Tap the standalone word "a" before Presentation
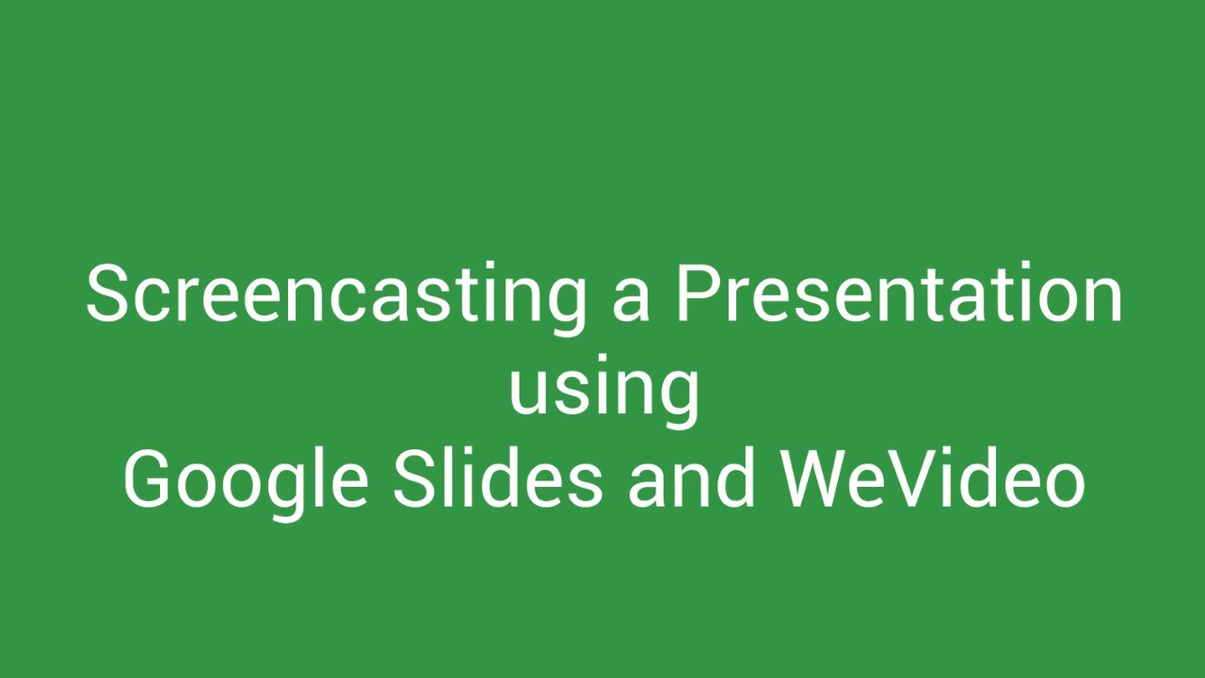coord(630,299)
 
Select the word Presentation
coord(899,294)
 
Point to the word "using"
coord(603,390)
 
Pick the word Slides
coord(497,478)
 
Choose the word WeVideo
coord(933,478)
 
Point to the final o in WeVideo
coord(1064,482)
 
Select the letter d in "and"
coord(736,478)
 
